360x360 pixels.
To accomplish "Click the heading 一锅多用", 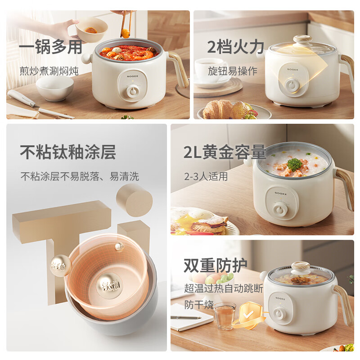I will pyautogui.click(x=50, y=48).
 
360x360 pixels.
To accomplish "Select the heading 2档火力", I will pyautogui.click(x=232, y=47).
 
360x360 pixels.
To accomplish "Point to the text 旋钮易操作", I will pyautogui.click(x=232, y=71).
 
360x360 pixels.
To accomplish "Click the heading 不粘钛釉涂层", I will pyautogui.click(x=68, y=152).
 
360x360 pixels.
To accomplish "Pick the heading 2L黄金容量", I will pyautogui.click(x=224, y=153).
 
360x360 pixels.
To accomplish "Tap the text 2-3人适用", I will pyautogui.click(x=206, y=176).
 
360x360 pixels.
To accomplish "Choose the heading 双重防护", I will pyautogui.click(x=216, y=266).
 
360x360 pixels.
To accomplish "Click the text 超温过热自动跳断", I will pyautogui.click(x=223, y=288).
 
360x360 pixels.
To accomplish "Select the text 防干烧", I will pyautogui.click(x=199, y=305).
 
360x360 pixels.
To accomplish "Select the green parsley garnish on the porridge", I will pyautogui.click(x=294, y=164).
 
